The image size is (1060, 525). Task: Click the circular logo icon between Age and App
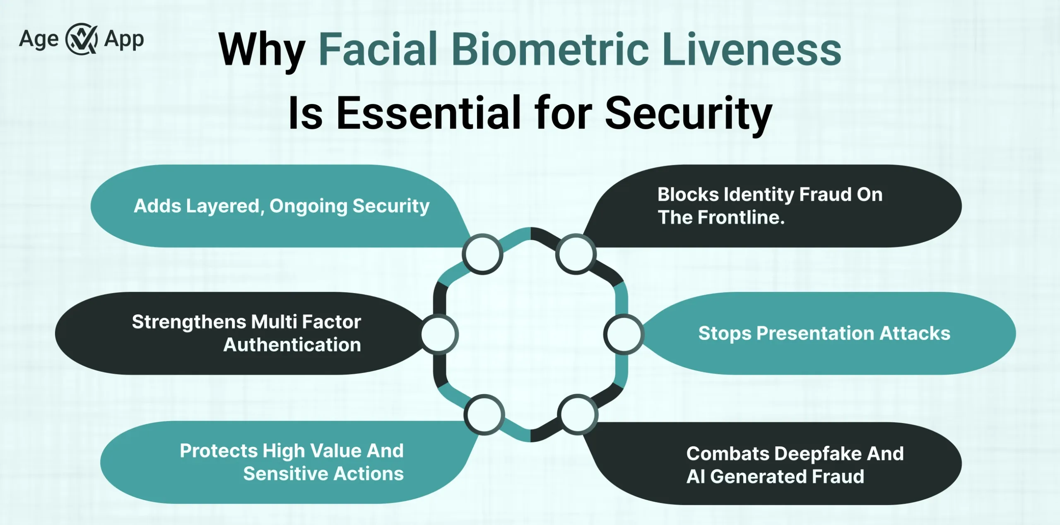(x=82, y=39)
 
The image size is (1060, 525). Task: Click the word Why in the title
(x=262, y=51)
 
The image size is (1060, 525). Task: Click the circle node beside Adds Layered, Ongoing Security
(x=482, y=254)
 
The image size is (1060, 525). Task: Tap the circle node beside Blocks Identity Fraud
(x=576, y=254)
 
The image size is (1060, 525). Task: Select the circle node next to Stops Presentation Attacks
(x=623, y=334)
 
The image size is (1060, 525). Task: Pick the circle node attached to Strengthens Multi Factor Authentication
(x=439, y=334)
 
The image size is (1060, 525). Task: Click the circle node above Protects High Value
(x=484, y=414)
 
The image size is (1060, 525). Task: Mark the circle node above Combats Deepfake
(x=577, y=414)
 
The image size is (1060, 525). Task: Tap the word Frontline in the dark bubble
(x=741, y=217)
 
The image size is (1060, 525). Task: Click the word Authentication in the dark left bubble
(x=292, y=345)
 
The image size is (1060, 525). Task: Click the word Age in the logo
(x=39, y=40)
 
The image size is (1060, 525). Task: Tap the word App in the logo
(x=124, y=40)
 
